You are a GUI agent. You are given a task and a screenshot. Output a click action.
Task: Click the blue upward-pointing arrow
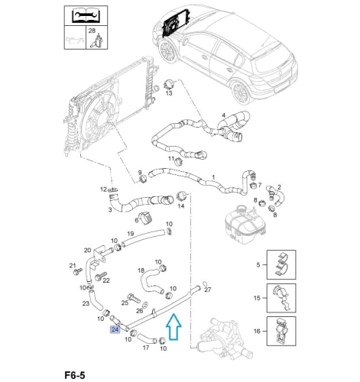[x=174, y=327]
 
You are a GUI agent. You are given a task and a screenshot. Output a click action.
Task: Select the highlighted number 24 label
[x=115, y=329]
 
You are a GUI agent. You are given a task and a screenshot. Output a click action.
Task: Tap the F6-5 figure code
[x=75, y=375]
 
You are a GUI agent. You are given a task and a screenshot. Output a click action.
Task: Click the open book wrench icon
[x=86, y=15]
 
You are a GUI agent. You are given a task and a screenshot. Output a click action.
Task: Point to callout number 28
[x=92, y=31]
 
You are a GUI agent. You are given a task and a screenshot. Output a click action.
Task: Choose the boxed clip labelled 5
[x=281, y=264]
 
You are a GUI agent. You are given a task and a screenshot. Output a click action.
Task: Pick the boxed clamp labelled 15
[x=281, y=298]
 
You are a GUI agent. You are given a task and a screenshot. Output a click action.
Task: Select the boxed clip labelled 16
[x=281, y=331]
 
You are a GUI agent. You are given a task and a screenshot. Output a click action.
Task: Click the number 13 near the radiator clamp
[x=169, y=93]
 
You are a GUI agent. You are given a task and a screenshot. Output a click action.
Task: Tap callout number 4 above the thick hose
[x=223, y=115]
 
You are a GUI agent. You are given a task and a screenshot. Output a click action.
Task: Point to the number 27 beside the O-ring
[x=208, y=290]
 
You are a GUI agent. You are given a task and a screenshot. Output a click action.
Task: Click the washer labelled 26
[x=146, y=304]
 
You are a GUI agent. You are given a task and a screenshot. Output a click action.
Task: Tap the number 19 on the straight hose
[x=131, y=234]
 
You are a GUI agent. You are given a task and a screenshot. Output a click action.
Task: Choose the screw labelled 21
[x=77, y=271]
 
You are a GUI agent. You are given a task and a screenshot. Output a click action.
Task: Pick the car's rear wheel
[x=241, y=92]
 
